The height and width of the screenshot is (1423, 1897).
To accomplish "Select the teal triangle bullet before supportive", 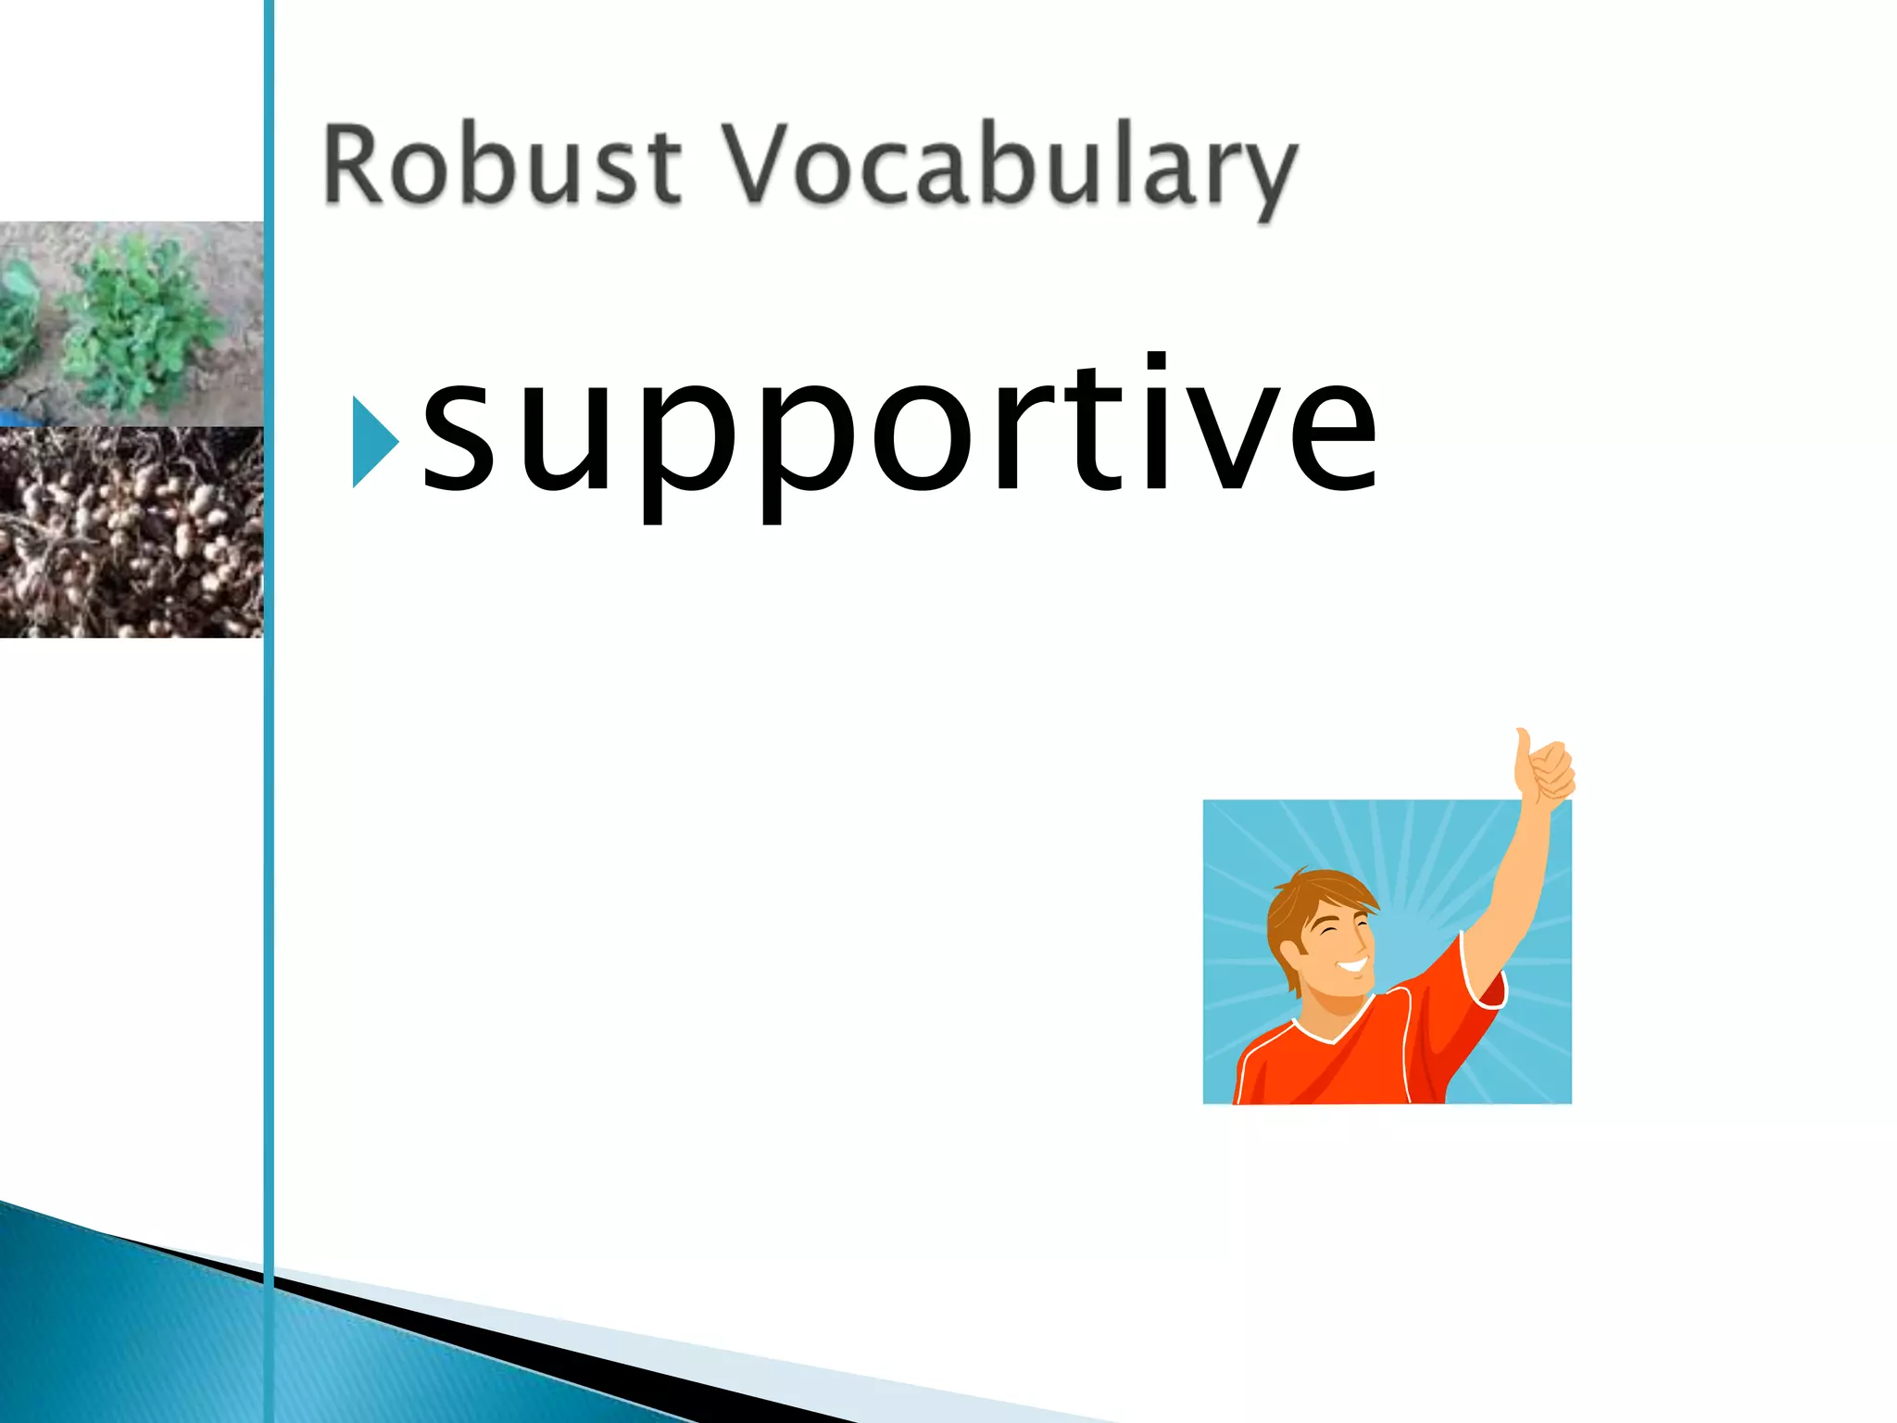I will [372, 441].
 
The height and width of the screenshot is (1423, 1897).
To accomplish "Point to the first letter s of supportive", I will [458, 441].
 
